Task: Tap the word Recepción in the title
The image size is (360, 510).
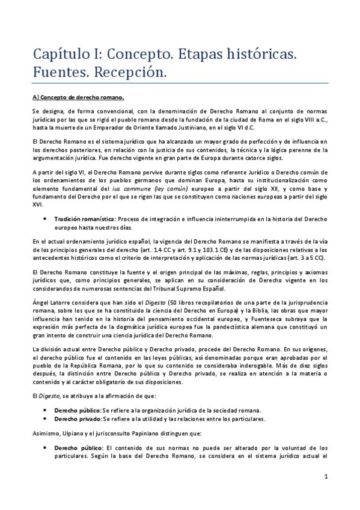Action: [129, 72]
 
